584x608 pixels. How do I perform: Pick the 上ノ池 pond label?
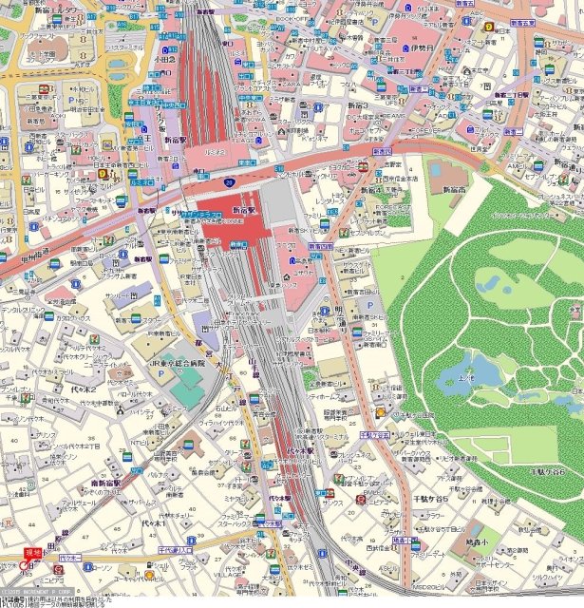click(x=465, y=376)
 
